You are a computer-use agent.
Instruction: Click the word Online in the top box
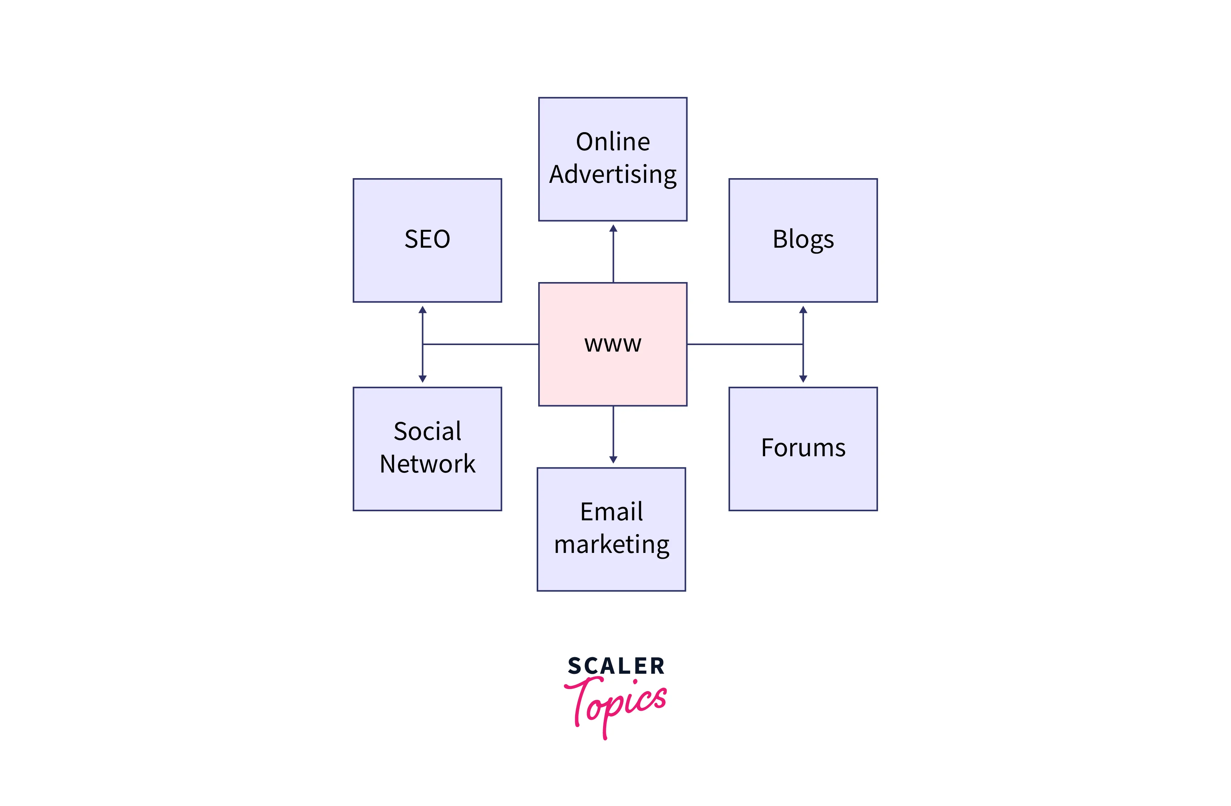612,142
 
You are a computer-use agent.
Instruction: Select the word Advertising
612,174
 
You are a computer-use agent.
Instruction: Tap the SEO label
427,240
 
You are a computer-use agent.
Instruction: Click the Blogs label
803,240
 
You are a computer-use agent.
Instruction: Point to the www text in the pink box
612,344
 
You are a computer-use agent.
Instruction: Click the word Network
427,463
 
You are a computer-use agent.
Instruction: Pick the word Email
611,512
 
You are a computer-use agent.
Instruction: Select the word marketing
611,544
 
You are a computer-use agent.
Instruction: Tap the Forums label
803,448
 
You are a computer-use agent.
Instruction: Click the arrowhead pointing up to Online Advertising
614,228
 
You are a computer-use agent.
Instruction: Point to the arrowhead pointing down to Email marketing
614,459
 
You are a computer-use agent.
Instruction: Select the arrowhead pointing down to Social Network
422,379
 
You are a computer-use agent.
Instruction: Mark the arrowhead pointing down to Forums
803,379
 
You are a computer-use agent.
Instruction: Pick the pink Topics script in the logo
615,704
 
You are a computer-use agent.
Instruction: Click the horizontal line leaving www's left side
481,344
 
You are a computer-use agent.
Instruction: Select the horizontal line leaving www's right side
745,344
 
